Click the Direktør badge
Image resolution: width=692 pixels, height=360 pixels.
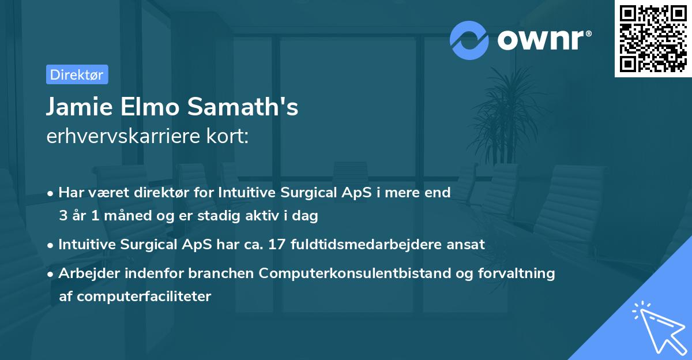(77, 74)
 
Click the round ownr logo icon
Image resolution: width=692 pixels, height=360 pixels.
(469, 40)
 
